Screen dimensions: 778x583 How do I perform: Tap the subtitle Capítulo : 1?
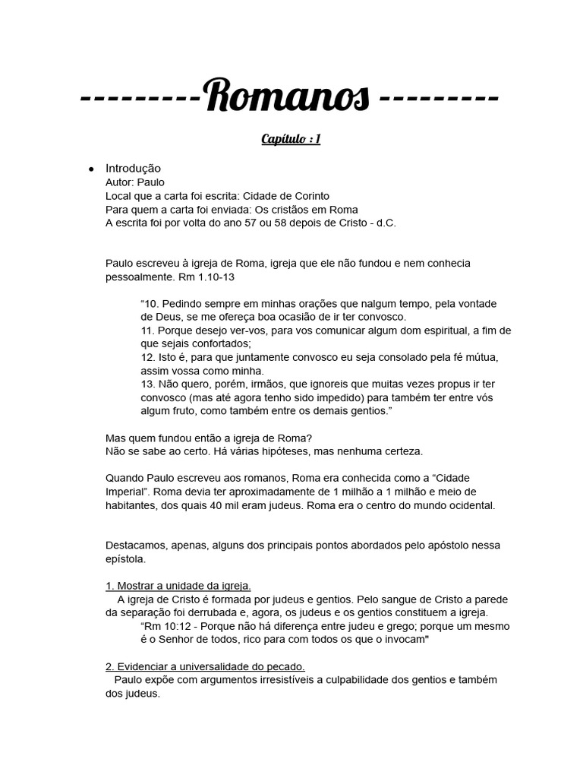[291, 139]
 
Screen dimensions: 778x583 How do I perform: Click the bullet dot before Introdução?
[90, 169]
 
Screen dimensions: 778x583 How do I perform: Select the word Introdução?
[133, 169]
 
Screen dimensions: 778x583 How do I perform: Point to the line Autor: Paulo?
[135, 182]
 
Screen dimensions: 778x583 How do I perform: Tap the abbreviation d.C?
[383, 223]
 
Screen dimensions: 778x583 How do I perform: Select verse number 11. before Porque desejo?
[148, 330]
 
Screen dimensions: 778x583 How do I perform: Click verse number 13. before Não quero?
[148, 384]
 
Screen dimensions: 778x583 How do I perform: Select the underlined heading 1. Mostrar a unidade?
[178, 586]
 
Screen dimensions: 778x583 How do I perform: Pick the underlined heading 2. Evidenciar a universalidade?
[205, 666]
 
